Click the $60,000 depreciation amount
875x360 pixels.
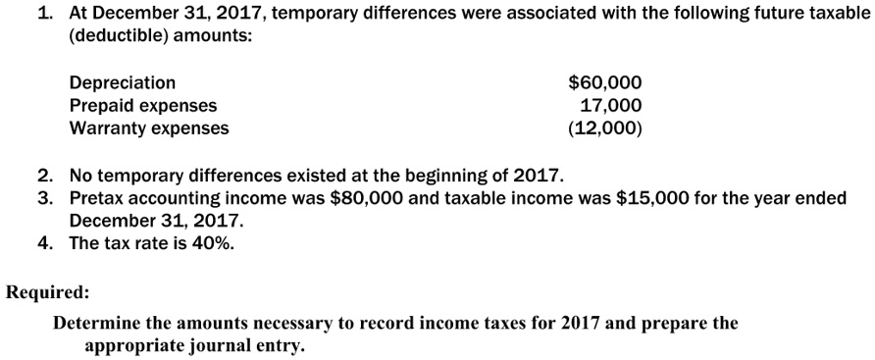pos(605,83)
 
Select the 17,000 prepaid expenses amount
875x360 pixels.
pos(611,106)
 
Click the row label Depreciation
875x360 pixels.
pos(123,83)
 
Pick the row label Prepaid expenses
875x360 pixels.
pos(143,106)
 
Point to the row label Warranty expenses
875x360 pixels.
pos(149,129)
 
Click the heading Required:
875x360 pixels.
pos(48,291)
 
